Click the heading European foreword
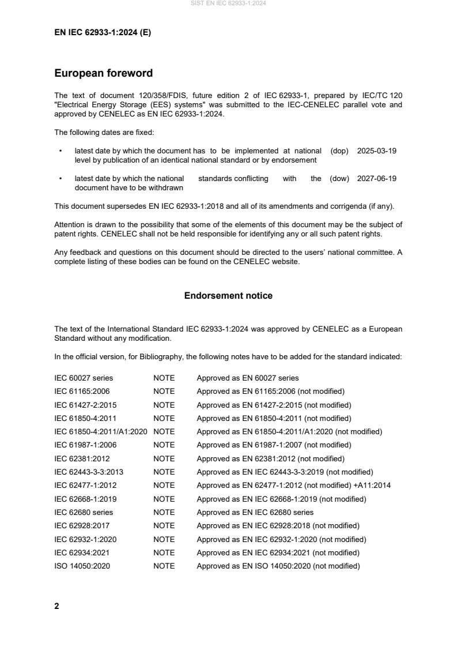pyautogui.click(x=103, y=73)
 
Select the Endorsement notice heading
pyautogui.click(x=228, y=296)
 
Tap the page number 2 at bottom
pyautogui.click(x=56, y=606)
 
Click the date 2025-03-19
pyautogui.click(x=376, y=151)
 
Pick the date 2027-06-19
pyautogui.click(x=376, y=179)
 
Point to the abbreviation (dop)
pyautogui.click(x=339, y=151)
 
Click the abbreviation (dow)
pyautogui.click(x=339, y=179)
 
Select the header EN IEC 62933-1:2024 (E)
pyautogui.click(x=103, y=33)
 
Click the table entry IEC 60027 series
pyautogui.click(x=84, y=378)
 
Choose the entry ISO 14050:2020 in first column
pyautogui.click(x=82, y=566)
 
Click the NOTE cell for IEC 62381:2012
pyautogui.click(x=164, y=459)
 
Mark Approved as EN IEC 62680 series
pyautogui.click(x=255, y=513)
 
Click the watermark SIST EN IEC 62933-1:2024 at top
pyautogui.click(x=228, y=3)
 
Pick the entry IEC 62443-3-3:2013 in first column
pyautogui.click(x=89, y=472)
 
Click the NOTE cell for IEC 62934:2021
pyautogui.click(x=164, y=553)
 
